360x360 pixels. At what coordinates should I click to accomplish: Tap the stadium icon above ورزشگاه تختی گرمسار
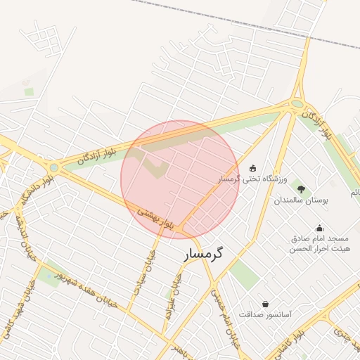pyautogui.click(x=252, y=168)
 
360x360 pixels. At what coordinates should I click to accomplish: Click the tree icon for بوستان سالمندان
pyautogui.click(x=301, y=188)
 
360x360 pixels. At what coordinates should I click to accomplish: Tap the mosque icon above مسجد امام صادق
pyautogui.click(x=319, y=228)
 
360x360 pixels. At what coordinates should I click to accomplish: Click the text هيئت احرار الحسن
pyautogui.click(x=319, y=249)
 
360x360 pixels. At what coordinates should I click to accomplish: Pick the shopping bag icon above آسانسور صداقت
pyautogui.click(x=265, y=304)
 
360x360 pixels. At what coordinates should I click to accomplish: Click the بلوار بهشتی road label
pyautogui.click(x=155, y=217)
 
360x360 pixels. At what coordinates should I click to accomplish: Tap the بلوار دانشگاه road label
pyautogui.click(x=38, y=193)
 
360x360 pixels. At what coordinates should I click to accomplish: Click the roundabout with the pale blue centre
pyautogui.click(x=53, y=167)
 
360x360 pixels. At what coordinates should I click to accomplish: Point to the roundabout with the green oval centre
pyautogui.click(x=298, y=104)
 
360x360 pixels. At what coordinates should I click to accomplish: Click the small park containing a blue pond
pyautogui.click(x=49, y=277)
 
